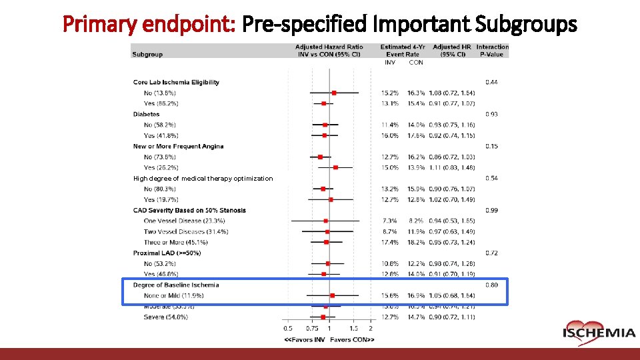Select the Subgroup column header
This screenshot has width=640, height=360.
tap(147, 54)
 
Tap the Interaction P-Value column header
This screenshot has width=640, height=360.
tap(492, 51)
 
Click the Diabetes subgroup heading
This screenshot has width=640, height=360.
tap(146, 114)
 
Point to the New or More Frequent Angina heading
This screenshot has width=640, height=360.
tap(178, 146)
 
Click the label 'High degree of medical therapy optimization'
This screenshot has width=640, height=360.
tap(203, 178)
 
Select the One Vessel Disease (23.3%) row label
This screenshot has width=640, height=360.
tap(184, 221)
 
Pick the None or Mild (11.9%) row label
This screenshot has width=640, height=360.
tap(173, 295)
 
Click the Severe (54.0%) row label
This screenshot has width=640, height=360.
tap(165, 317)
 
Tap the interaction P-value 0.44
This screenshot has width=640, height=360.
tap(491, 82)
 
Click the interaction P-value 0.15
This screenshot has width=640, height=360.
tap(491, 146)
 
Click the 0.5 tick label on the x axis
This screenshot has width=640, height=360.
tap(288, 329)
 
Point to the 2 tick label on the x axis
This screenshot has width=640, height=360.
tap(370, 329)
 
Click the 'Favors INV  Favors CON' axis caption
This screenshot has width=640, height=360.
tap(329, 339)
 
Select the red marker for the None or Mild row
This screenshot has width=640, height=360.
tap(332, 295)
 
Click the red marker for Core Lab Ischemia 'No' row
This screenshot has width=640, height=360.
tap(334, 93)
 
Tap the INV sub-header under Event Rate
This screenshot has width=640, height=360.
tap(390, 63)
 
